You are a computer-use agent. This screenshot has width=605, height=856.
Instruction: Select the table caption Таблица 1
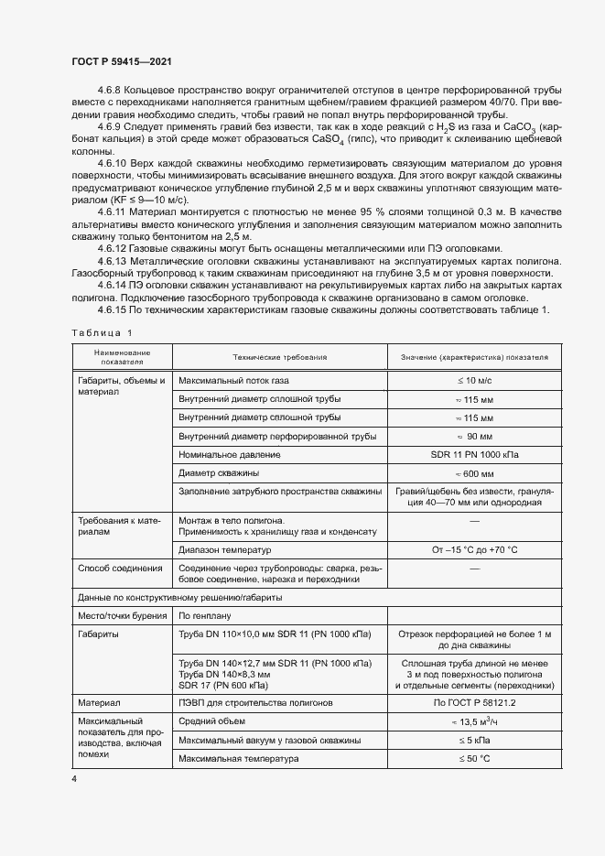[101, 332]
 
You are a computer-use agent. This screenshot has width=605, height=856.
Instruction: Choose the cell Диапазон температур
[225, 549]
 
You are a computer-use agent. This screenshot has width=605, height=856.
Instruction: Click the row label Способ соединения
[113, 569]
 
